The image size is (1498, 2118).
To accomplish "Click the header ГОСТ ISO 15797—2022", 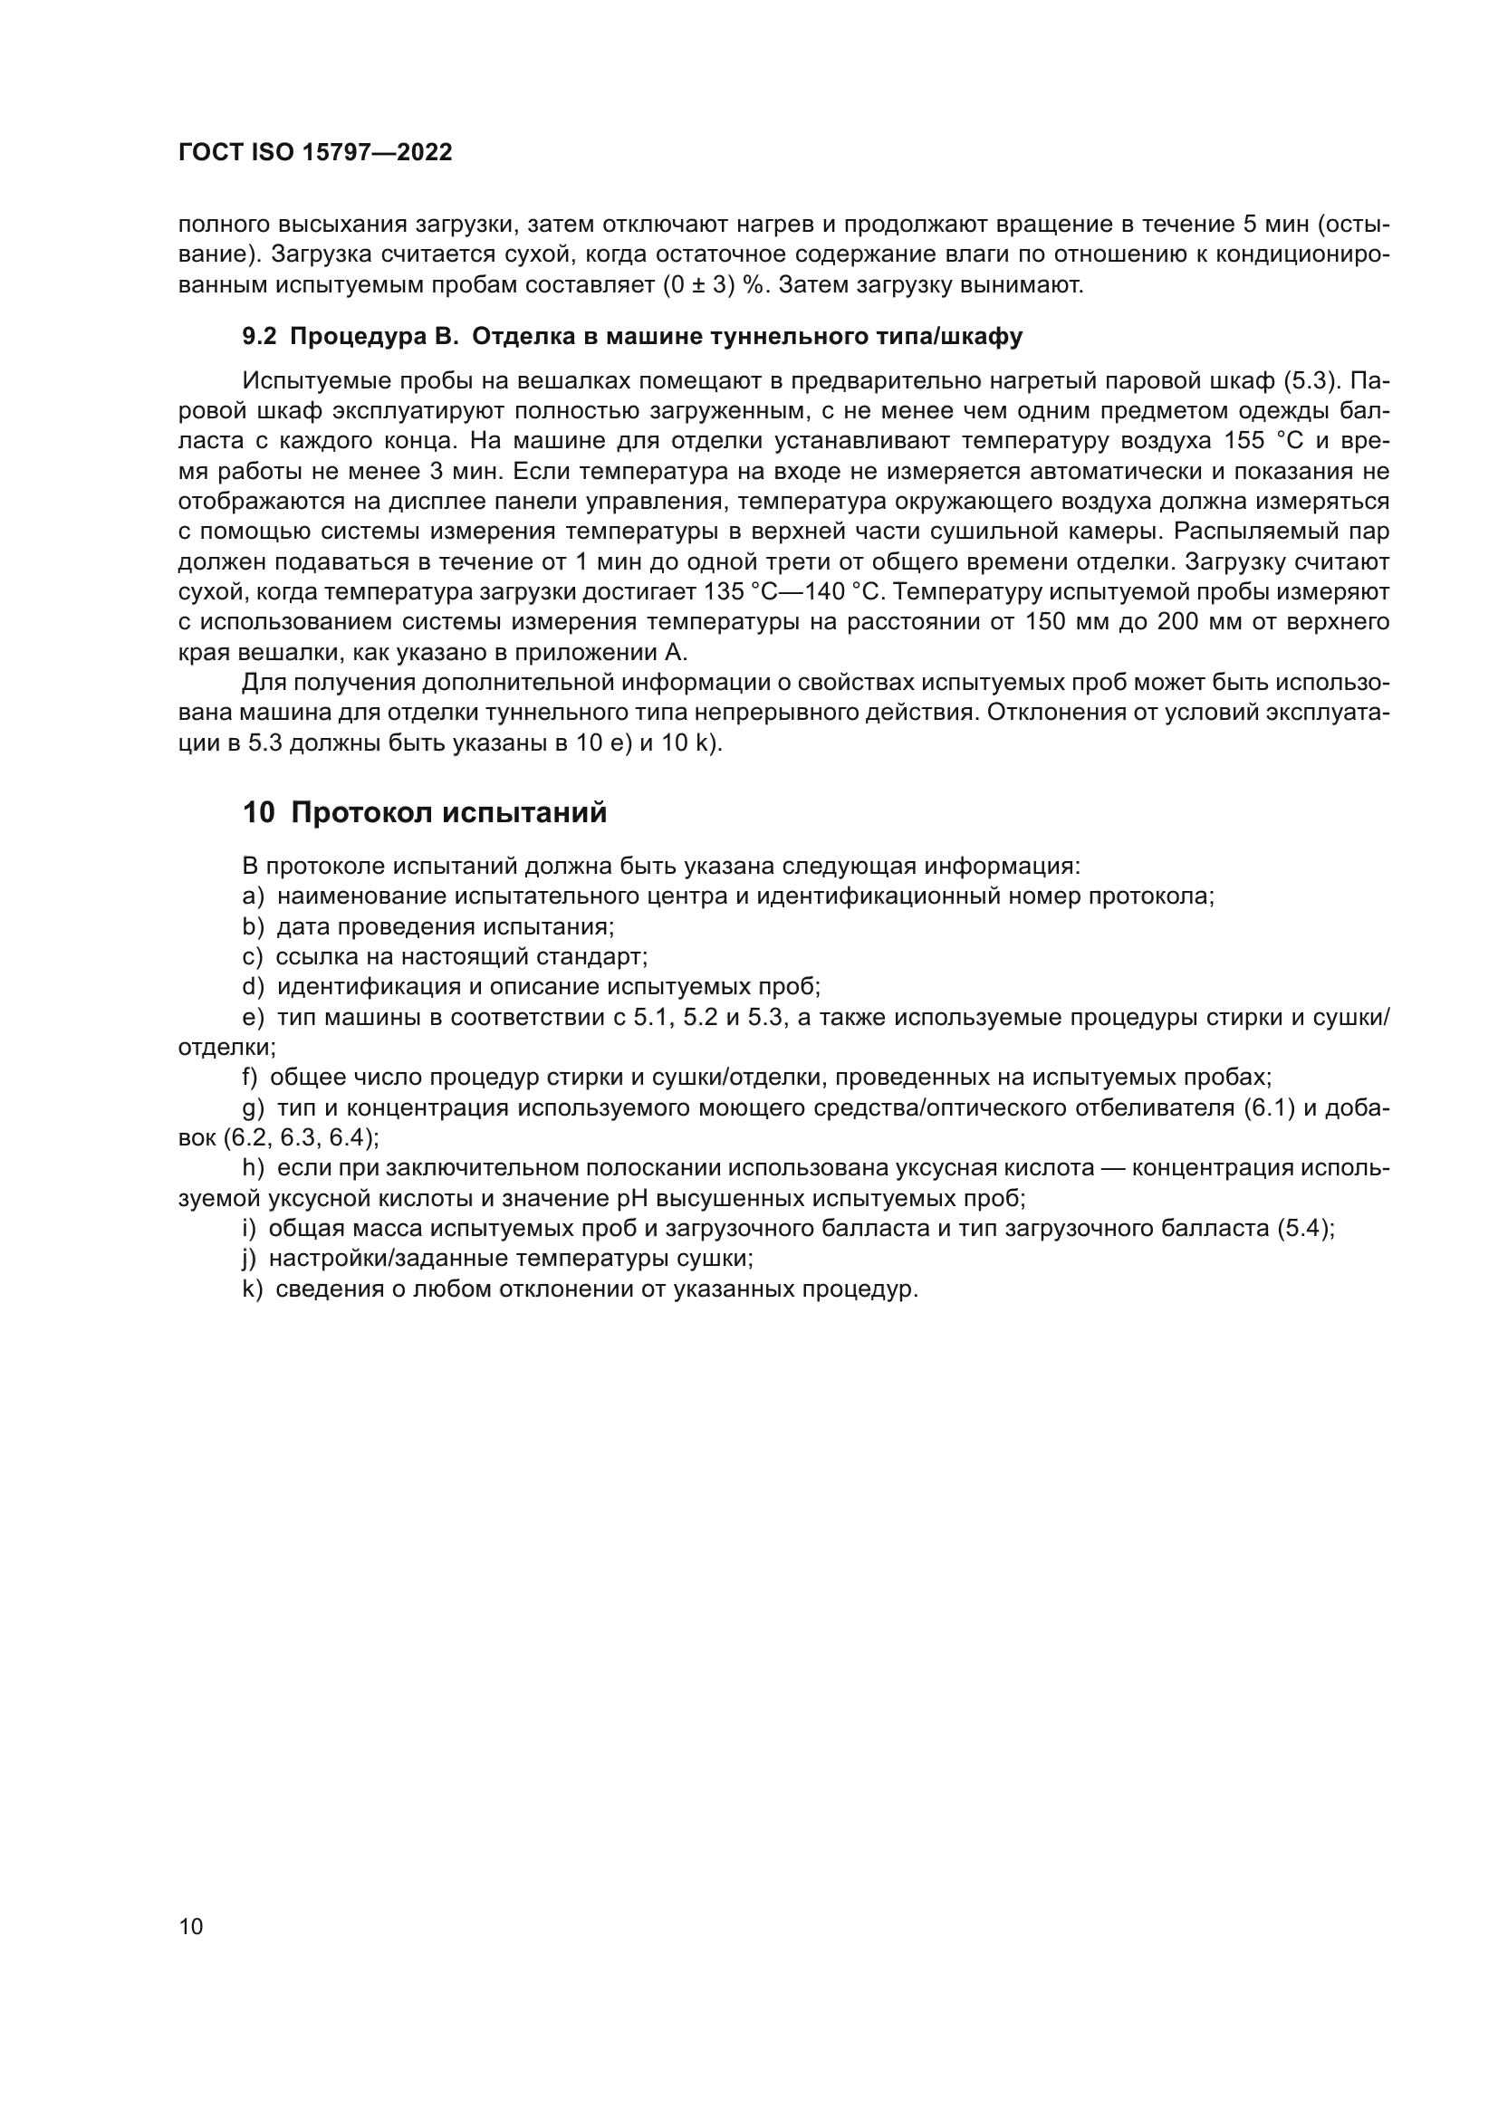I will (x=315, y=153).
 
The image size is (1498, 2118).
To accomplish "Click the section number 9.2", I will (x=259, y=337).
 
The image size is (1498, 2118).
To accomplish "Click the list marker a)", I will (x=253, y=896).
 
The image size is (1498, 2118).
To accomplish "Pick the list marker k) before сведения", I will (x=252, y=1289).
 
